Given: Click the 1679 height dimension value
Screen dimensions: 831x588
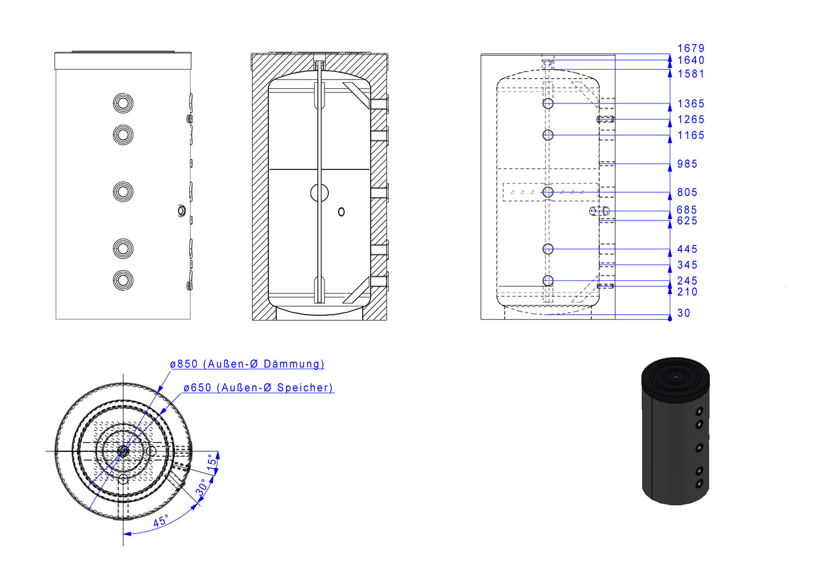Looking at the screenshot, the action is click(691, 48).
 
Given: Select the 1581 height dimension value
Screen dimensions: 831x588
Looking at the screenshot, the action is click(691, 74).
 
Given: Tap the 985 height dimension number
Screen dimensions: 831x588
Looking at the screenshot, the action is click(687, 164).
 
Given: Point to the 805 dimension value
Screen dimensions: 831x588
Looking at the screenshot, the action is click(687, 192).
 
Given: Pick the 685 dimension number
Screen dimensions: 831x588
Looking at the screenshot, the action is click(687, 210).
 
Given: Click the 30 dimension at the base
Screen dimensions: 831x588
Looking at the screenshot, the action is click(684, 313).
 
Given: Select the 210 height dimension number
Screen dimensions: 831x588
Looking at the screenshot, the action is click(687, 292).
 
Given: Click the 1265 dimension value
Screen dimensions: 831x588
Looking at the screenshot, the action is click(691, 119).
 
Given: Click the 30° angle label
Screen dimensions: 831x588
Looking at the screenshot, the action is click(201, 487).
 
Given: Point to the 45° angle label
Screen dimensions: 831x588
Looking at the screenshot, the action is click(161, 520).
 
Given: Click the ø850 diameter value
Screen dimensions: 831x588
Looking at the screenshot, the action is click(184, 364).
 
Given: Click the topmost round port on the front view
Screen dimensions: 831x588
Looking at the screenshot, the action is click(123, 103).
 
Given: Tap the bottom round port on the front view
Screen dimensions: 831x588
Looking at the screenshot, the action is click(123, 280).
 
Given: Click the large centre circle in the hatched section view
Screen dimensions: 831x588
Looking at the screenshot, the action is click(320, 193).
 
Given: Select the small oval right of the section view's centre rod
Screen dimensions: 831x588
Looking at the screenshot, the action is click(341, 212).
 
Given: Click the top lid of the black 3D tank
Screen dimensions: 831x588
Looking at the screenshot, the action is click(676, 378).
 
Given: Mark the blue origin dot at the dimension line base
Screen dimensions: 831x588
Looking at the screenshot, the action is click(670, 318).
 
